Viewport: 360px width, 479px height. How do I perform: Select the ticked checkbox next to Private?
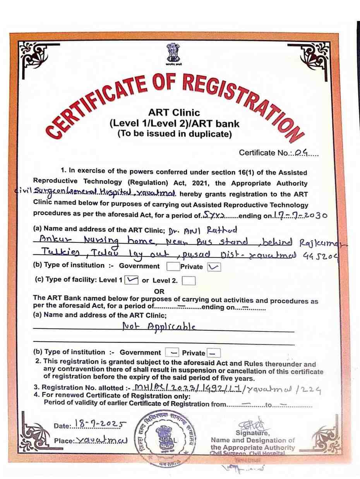[214, 266]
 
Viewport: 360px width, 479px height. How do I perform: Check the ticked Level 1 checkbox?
[132, 280]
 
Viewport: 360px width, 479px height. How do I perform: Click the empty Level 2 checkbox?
[189, 281]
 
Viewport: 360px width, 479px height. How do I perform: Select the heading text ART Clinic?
[174, 113]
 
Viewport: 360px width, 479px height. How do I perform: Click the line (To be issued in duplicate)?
[175, 134]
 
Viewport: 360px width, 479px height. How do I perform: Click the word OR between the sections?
[159, 291]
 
